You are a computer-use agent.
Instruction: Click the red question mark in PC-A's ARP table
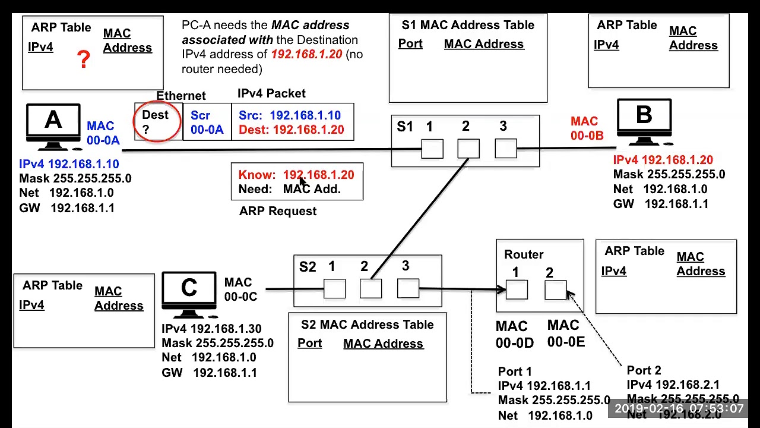coord(84,59)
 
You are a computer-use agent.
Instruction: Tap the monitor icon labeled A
coord(53,125)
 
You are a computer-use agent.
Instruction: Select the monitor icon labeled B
coord(644,120)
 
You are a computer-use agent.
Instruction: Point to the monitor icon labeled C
coord(189,292)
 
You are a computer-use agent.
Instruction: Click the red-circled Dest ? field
coord(157,121)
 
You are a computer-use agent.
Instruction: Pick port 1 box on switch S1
coord(432,149)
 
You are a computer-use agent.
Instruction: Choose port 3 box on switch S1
coord(505,149)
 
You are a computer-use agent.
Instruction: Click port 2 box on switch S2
coord(370,289)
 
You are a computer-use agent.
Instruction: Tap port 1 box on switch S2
coord(334,289)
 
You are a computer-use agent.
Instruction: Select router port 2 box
coord(555,290)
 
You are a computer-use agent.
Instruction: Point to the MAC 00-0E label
coord(565,333)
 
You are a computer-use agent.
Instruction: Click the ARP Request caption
coord(278,212)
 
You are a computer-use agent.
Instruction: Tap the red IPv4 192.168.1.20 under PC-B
coord(663,160)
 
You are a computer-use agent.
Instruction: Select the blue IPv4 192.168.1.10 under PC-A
coord(69,164)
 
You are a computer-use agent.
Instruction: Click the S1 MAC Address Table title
coord(468,25)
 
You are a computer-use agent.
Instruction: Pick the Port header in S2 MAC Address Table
coord(309,344)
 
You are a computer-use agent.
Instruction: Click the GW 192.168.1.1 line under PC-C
coord(209,373)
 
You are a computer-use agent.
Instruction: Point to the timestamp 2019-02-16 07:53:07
coord(679,409)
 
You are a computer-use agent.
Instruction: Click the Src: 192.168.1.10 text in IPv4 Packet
coord(290,115)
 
